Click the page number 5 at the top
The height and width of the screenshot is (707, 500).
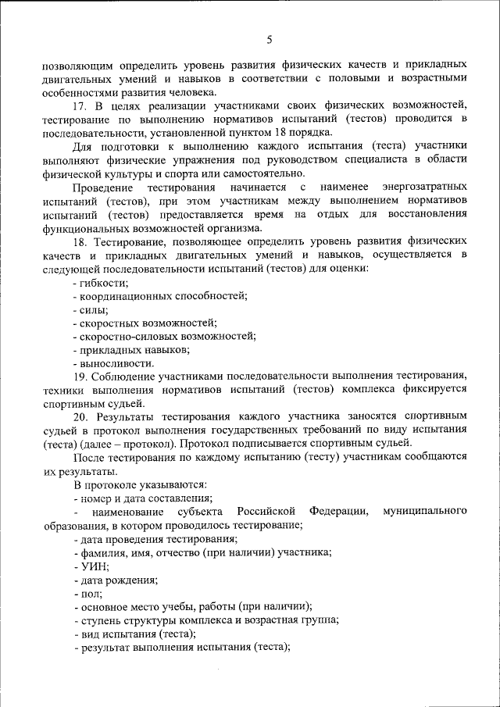coord(269,39)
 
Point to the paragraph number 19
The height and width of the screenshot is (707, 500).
coord(79,376)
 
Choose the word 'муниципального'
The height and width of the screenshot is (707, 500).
coord(425,512)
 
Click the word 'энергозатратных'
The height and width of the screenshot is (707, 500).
coord(425,187)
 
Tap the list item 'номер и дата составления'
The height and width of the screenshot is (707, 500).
coord(145,498)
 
